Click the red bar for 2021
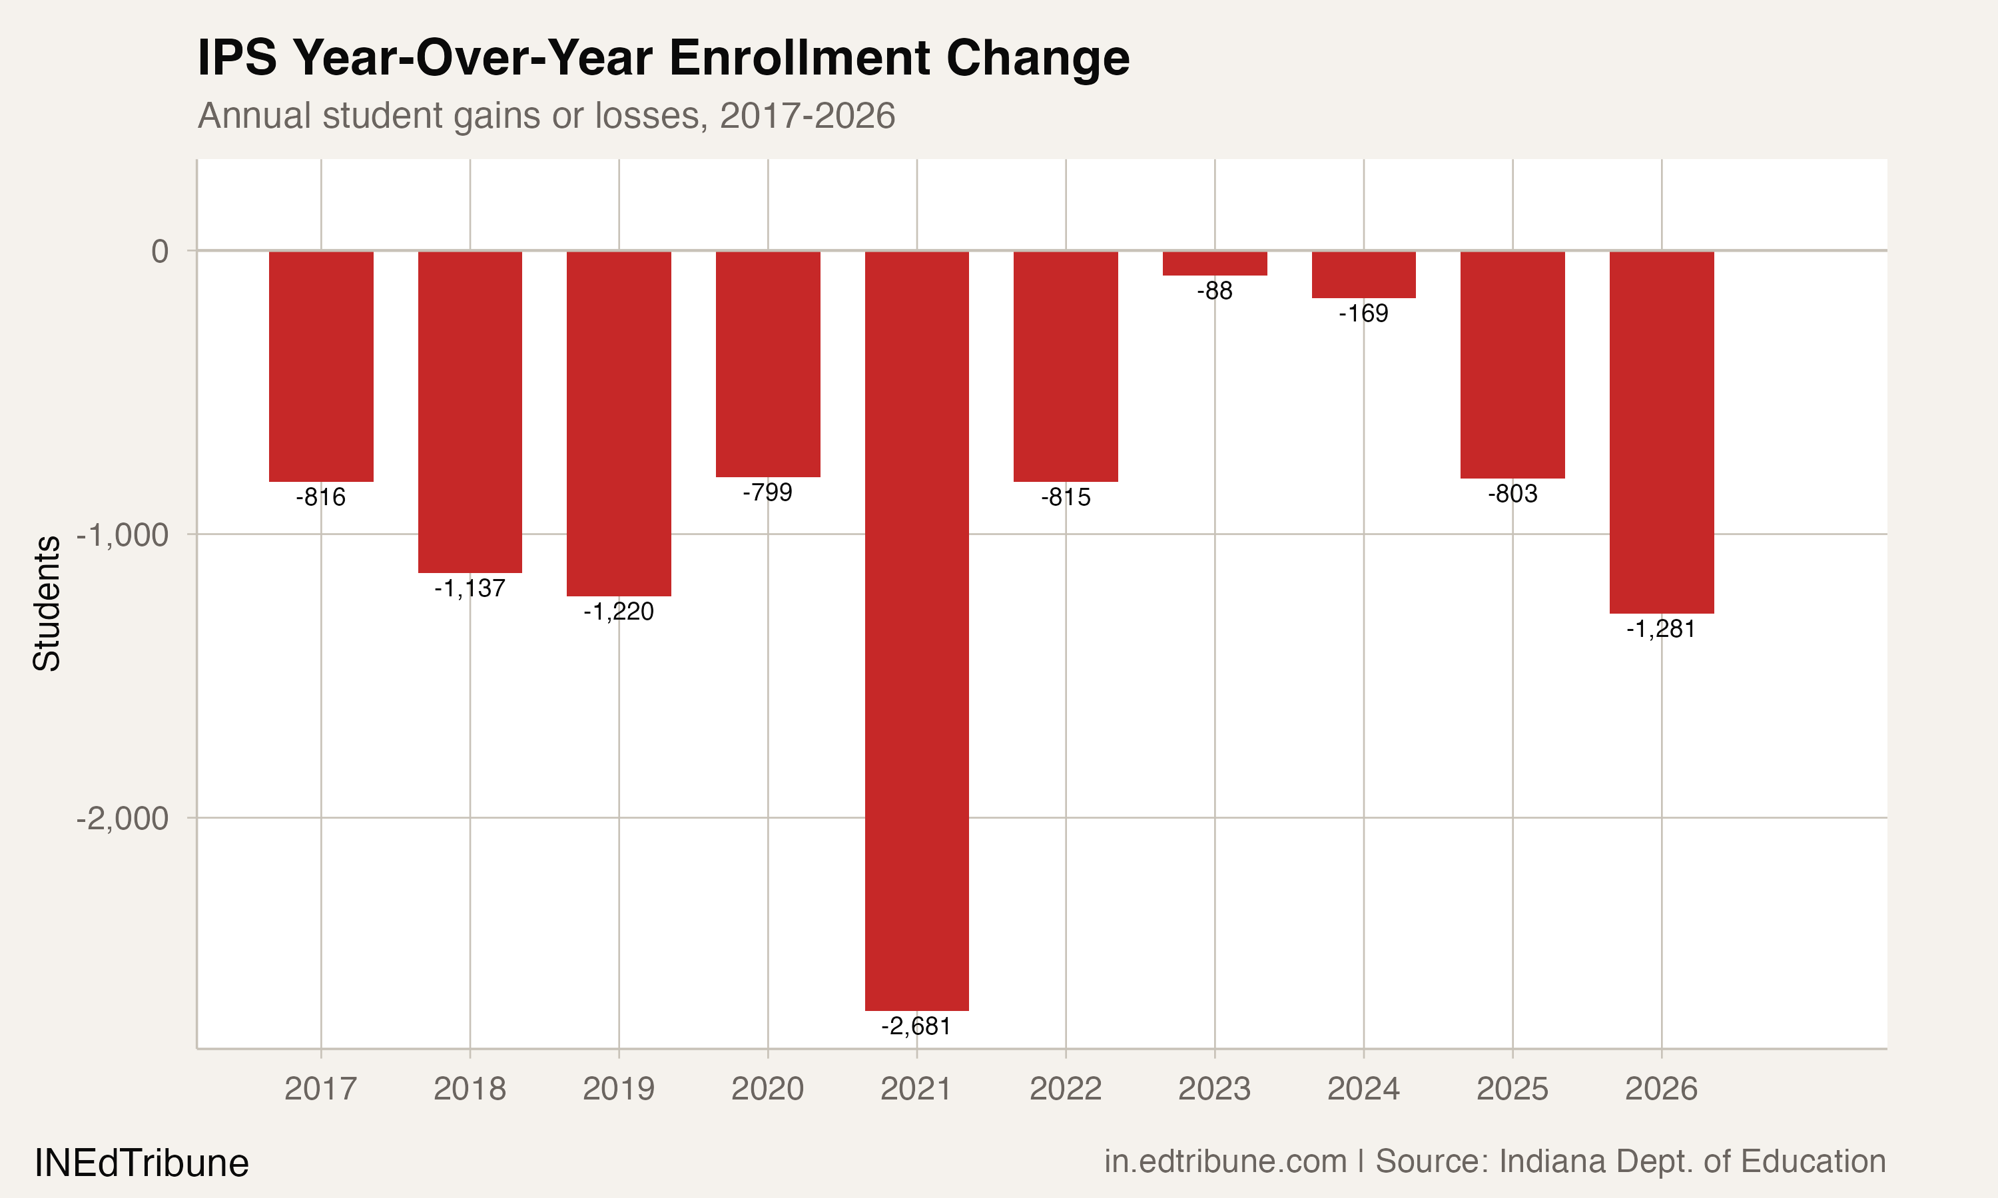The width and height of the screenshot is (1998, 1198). click(916, 630)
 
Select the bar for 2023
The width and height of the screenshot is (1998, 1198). click(1215, 263)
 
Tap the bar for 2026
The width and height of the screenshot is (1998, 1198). click(1661, 432)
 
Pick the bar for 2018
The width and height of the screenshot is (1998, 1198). click(470, 412)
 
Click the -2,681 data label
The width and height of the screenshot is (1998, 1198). click(916, 1026)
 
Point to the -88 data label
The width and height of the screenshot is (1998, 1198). click(1215, 291)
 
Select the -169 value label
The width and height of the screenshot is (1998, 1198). click(1363, 313)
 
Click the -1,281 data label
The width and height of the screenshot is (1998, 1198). click(1660, 629)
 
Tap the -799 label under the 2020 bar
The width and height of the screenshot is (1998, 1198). click(767, 492)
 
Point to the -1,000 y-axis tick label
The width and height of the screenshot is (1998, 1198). click(123, 534)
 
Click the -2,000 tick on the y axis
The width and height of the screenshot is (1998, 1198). click(123, 819)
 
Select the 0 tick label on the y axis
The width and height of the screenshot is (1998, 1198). click(160, 251)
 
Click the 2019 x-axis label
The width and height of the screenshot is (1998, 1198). click(619, 1089)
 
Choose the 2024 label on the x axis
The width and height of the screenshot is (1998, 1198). click(1363, 1089)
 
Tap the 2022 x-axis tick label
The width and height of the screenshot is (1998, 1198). click(1065, 1089)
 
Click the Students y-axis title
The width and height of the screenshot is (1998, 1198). click(47, 603)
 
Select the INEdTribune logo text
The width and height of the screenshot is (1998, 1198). click(141, 1163)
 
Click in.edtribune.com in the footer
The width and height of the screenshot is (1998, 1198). click(1225, 1161)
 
